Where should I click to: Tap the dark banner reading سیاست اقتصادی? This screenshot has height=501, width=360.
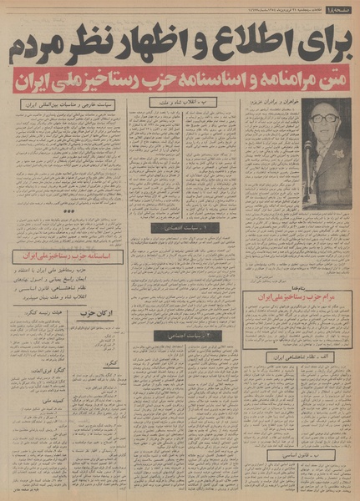coord(184,227)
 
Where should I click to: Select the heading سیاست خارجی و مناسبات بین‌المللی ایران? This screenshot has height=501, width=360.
coord(63,106)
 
